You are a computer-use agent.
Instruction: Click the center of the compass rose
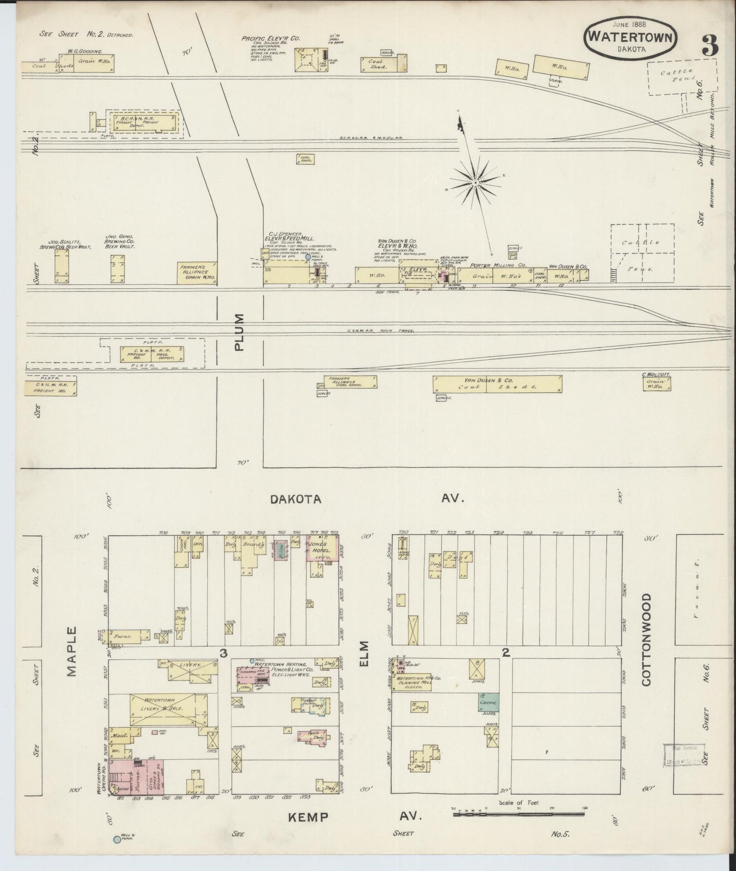pos(475,182)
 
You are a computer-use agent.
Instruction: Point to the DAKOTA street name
pos(295,499)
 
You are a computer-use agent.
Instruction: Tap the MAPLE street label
pos(71,651)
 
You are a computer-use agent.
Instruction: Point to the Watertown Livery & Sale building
pos(169,709)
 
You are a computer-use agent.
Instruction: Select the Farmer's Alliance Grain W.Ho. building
pos(198,273)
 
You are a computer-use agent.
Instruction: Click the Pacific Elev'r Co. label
pos(270,38)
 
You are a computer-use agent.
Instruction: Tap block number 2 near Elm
pos(505,652)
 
